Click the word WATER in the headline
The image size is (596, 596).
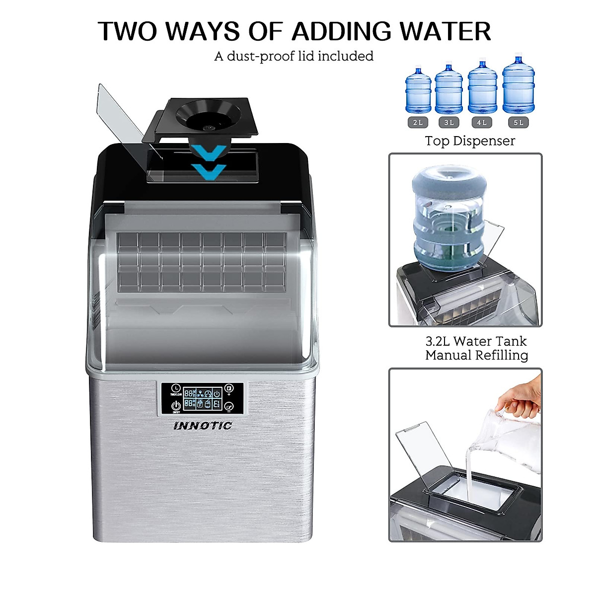(x=446, y=32)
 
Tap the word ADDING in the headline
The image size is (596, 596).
(x=341, y=32)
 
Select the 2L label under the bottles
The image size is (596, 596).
(x=418, y=122)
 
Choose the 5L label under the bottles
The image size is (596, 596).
(x=518, y=122)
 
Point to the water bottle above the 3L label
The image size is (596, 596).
(x=448, y=89)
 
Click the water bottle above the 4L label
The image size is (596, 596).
(x=482, y=88)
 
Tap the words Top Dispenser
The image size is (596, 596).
(x=470, y=141)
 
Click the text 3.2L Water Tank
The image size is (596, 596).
(x=476, y=341)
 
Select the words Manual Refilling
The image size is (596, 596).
(x=476, y=356)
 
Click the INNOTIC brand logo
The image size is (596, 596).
(x=203, y=426)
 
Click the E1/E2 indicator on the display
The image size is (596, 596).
(x=217, y=404)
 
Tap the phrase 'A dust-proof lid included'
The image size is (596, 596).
(x=294, y=56)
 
